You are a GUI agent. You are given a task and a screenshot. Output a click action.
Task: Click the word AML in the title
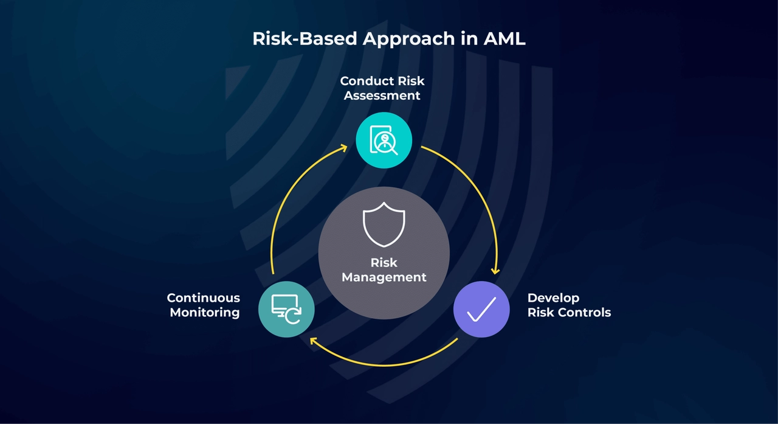pos(504,39)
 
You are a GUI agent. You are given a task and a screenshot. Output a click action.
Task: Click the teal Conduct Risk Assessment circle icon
pos(384,140)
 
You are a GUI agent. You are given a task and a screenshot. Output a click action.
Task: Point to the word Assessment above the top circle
pos(382,96)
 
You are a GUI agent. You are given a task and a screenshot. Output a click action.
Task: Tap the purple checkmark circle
pos(481,309)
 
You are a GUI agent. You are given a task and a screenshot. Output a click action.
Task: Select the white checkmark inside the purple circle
pos(481,309)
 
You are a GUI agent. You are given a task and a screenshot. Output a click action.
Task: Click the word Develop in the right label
pos(553,298)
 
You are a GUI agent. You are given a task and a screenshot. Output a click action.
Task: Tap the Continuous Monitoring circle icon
pos(286,309)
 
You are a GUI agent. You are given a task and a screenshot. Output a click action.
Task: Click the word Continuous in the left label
pos(204,298)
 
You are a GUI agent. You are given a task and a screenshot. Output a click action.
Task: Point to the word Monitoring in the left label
pos(205,313)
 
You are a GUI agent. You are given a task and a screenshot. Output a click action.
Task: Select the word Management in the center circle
pos(384,277)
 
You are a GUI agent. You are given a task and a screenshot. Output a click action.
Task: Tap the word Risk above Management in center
pos(384,263)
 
